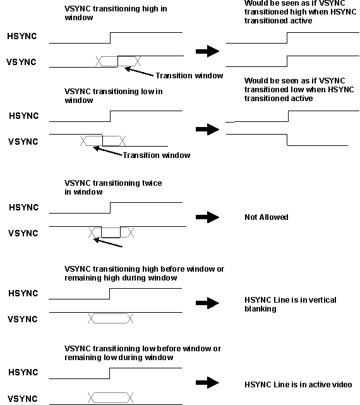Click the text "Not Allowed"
[266, 217]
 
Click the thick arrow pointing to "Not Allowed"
[207, 217]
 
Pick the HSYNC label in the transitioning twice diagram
[23, 208]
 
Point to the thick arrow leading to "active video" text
[207, 383]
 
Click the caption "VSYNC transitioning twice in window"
[113, 188]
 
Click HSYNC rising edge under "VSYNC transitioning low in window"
[111, 116]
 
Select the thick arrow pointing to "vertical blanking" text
[207, 303]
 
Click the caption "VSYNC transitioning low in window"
[113, 95]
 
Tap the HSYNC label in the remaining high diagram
[23, 293]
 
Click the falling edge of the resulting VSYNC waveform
[288, 140]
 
